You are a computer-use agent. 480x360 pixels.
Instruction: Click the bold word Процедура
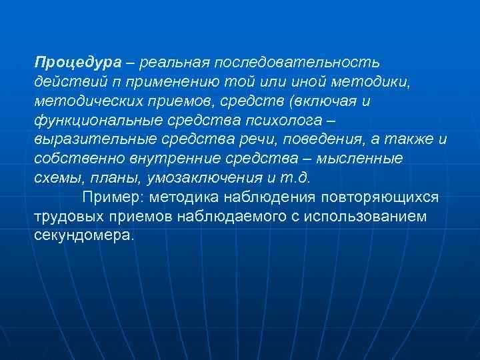78,62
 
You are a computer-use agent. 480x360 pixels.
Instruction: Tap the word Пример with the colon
113,197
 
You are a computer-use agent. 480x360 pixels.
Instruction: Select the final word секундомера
84,236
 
